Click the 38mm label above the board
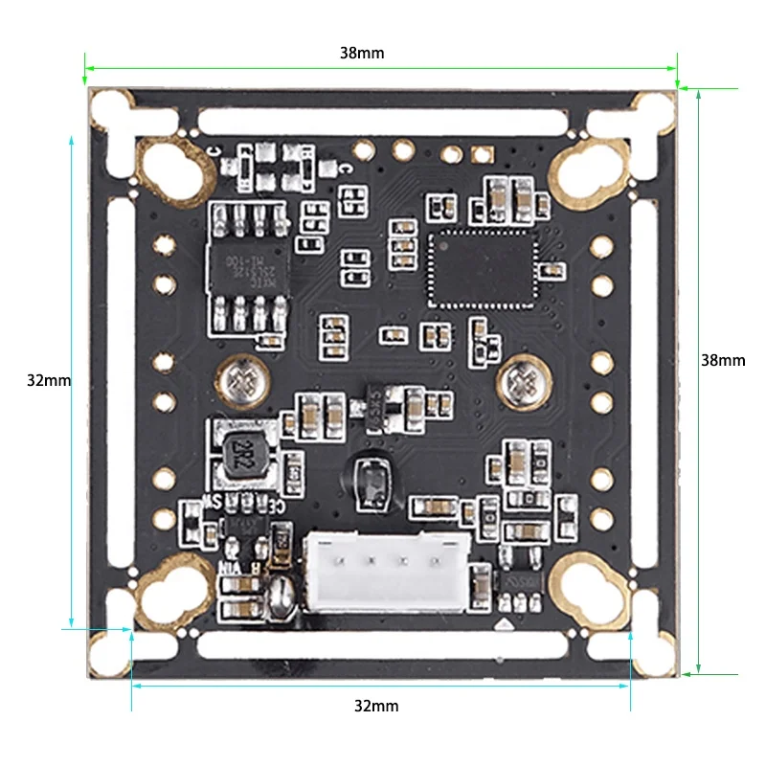362,54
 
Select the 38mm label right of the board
723,360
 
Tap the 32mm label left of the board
49,380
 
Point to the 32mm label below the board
376,707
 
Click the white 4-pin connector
385,573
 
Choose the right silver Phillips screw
522,379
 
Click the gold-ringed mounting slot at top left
174,170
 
